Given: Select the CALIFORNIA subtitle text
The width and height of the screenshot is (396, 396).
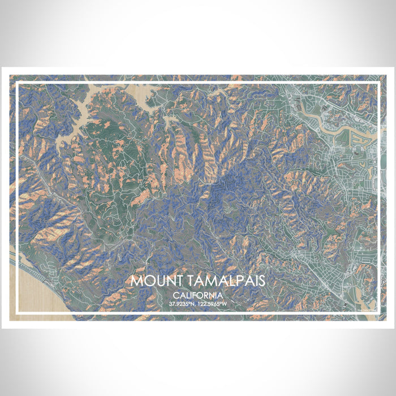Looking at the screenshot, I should [x=198, y=295].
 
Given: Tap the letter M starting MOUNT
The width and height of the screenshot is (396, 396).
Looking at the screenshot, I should [x=136, y=281].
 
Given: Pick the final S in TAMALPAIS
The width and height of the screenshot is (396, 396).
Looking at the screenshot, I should [x=262, y=281].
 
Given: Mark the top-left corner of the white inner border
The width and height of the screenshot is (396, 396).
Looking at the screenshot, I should [x=18, y=84].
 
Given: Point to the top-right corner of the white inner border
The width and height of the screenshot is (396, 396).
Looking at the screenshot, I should [x=377, y=84].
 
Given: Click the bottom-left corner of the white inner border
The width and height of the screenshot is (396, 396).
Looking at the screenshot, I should [x=18, y=312].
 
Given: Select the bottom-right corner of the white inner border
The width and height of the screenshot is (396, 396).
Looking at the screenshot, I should [x=377, y=312].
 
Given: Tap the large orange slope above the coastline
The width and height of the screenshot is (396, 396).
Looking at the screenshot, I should [x=54, y=232].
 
